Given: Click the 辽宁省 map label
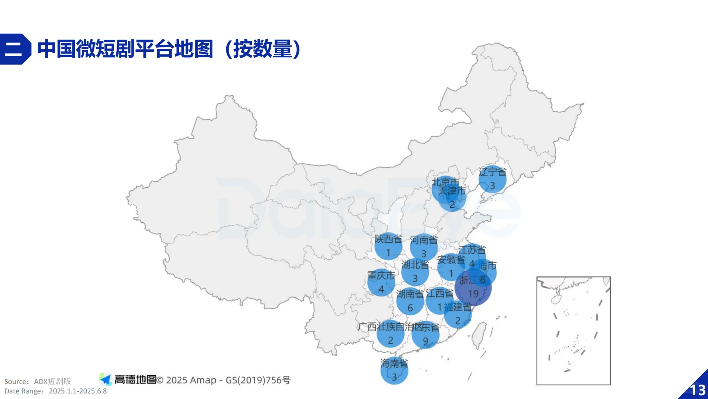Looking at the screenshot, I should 492,172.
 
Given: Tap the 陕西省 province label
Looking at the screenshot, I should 388,239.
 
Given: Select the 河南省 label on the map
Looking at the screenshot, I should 424,241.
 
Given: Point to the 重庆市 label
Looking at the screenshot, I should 381,276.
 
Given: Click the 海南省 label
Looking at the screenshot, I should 394,364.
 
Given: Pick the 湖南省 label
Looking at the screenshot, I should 410,294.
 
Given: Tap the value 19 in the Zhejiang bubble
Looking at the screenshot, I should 473,294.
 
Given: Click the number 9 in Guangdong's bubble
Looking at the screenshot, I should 426,341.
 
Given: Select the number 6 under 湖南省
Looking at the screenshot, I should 410,308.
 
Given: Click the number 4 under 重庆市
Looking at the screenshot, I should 381,289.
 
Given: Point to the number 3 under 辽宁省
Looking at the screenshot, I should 492,186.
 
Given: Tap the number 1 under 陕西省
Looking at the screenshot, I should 388,253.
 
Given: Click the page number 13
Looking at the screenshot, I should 697,390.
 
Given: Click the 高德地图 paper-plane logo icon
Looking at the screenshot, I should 105,379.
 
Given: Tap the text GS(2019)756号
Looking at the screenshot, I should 258,380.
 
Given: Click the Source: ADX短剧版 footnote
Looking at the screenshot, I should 38,381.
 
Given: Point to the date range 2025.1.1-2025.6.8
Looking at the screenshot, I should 78,391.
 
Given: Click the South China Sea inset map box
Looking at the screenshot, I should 573,331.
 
